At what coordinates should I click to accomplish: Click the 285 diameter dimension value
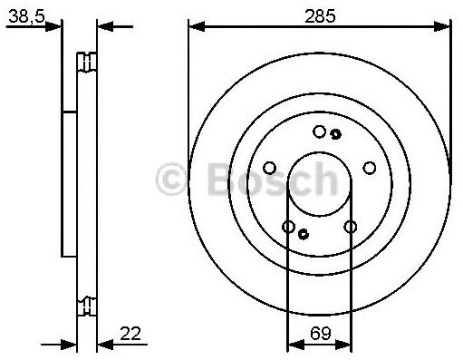[x=320, y=15]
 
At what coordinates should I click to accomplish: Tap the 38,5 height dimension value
[x=26, y=16]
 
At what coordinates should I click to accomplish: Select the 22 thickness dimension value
[x=130, y=334]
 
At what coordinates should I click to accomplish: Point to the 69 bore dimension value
[x=321, y=334]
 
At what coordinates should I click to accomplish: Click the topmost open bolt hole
[x=319, y=131]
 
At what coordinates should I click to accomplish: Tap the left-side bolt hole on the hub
[x=269, y=168]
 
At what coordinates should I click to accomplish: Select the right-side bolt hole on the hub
[x=369, y=168]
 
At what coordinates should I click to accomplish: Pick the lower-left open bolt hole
[x=288, y=227]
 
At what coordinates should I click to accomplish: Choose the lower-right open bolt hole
[x=351, y=227]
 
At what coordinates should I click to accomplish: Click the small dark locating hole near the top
[x=335, y=134]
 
